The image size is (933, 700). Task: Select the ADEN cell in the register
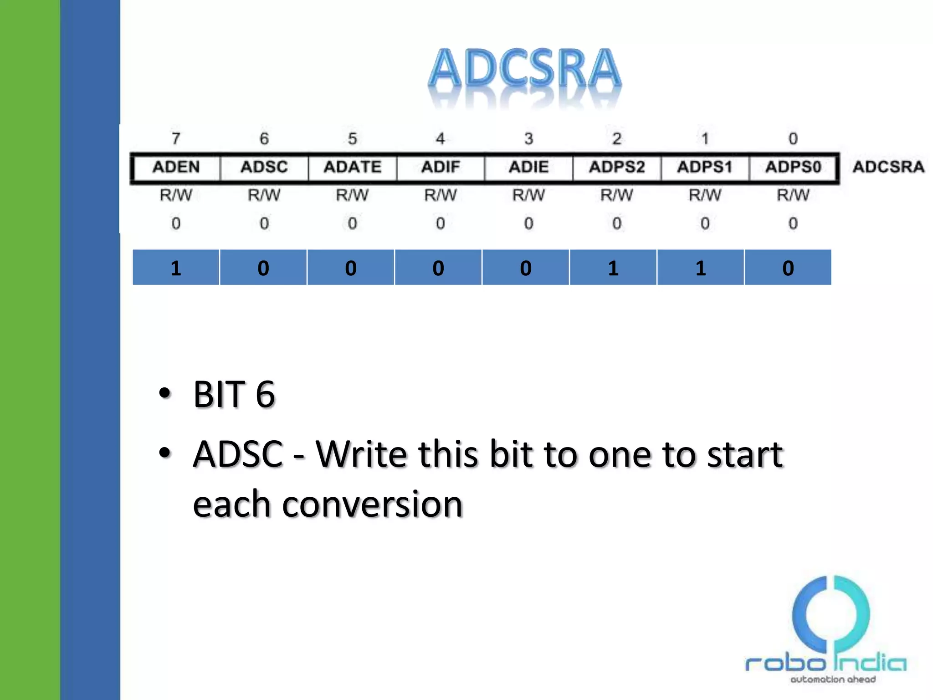(176, 167)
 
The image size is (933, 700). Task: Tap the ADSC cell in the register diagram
(264, 167)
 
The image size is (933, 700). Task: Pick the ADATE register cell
(352, 167)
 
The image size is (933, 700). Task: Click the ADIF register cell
(441, 167)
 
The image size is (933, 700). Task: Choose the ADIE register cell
(528, 167)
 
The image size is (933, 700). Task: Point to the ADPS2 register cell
(617, 167)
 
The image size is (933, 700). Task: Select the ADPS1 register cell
(705, 167)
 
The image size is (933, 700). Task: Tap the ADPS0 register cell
(793, 167)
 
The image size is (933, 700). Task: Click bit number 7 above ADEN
(176, 139)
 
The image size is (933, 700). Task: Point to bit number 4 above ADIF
(440, 139)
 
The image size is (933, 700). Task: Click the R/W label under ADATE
(352, 196)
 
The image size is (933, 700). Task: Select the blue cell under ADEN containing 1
(176, 268)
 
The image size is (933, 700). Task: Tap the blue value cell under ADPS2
(613, 268)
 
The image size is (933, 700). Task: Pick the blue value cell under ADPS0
(788, 268)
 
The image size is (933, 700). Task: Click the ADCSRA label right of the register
(888, 167)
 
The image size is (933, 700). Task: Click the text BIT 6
(234, 394)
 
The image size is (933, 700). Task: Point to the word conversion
(373, 504)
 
